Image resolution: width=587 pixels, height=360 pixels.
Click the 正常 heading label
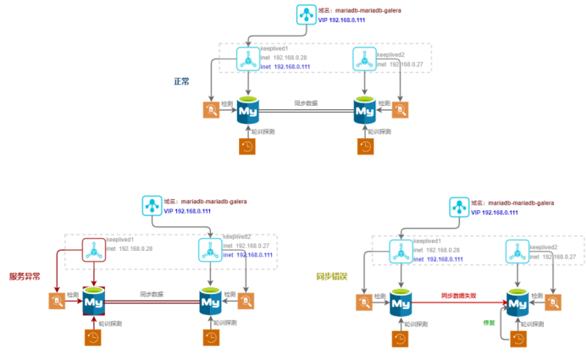[x=181, y=81]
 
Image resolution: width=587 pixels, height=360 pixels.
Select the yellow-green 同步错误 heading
[x=329, y=276]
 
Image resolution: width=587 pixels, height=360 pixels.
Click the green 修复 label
[x=487, y=322]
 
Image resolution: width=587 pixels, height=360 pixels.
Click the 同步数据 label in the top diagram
[x=306, y=102]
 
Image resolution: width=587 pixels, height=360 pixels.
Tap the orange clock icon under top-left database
[x=248, y=146]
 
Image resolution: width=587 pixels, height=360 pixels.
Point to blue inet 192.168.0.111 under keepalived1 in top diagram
[x=285, y=66]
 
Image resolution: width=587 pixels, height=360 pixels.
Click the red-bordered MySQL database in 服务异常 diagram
[x=95, y=302]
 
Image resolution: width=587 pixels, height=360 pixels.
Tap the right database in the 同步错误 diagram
[x=516, y=302]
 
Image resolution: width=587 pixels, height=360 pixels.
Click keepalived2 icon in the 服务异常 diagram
[x=211, y=250]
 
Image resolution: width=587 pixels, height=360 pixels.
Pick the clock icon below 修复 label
[x=516, y=336]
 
